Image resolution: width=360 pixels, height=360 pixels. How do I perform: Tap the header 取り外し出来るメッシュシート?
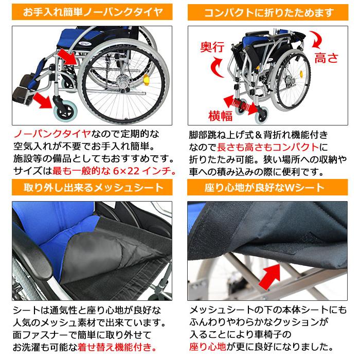(x=90, y=186)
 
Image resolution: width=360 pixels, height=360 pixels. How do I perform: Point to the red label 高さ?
(x=327, y=58)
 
